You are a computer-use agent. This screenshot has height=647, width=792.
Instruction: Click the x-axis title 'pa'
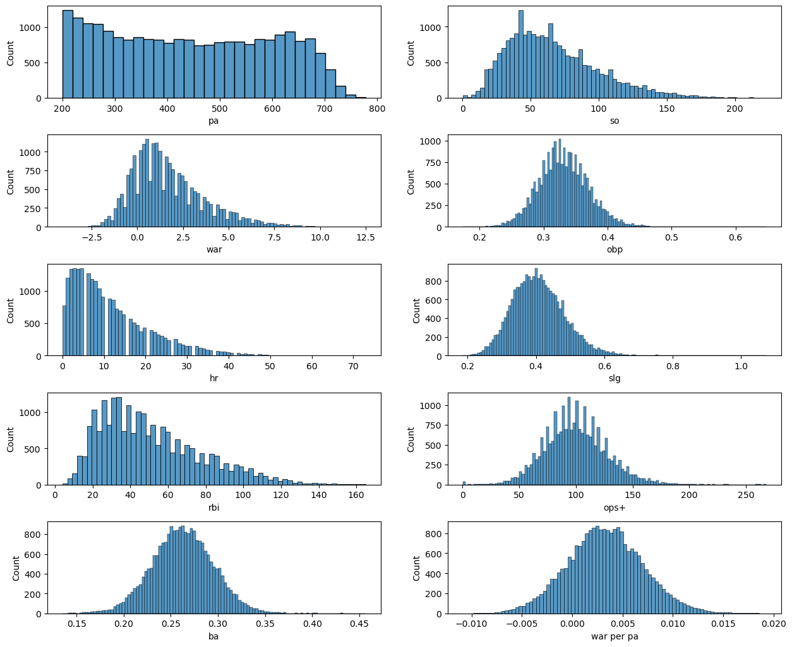213,121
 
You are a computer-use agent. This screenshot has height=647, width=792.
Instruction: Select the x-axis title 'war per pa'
614,636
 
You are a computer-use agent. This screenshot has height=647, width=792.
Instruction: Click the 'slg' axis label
614,379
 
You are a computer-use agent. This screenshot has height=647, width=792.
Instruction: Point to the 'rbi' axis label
213,508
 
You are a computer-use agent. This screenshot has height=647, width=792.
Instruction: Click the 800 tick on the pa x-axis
377,109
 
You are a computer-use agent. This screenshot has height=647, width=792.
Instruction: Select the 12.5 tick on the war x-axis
366,237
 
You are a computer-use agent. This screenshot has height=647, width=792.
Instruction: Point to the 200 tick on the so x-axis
735,109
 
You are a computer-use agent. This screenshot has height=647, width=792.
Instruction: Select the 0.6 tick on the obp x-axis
736,237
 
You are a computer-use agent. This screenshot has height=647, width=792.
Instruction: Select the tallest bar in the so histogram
520,54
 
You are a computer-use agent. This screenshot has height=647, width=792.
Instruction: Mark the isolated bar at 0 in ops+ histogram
464,483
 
